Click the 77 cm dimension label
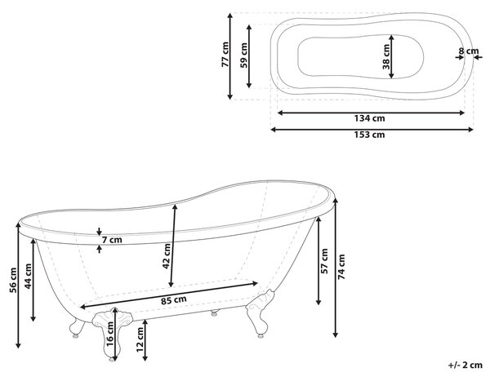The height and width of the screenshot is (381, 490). (225, 55)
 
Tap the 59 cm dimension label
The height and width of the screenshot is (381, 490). (243, 55)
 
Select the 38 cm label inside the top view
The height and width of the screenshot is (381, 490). (386, 56)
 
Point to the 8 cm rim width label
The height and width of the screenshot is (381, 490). (469, 51)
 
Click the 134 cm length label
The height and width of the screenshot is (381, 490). (369, 118)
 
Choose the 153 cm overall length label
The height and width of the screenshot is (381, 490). (369, 135)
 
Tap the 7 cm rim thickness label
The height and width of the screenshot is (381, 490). (112, 240)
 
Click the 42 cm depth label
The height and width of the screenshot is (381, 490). (167, 256)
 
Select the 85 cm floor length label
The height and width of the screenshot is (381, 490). (174, 300)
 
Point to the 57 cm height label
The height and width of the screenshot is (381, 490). (324, 261)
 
